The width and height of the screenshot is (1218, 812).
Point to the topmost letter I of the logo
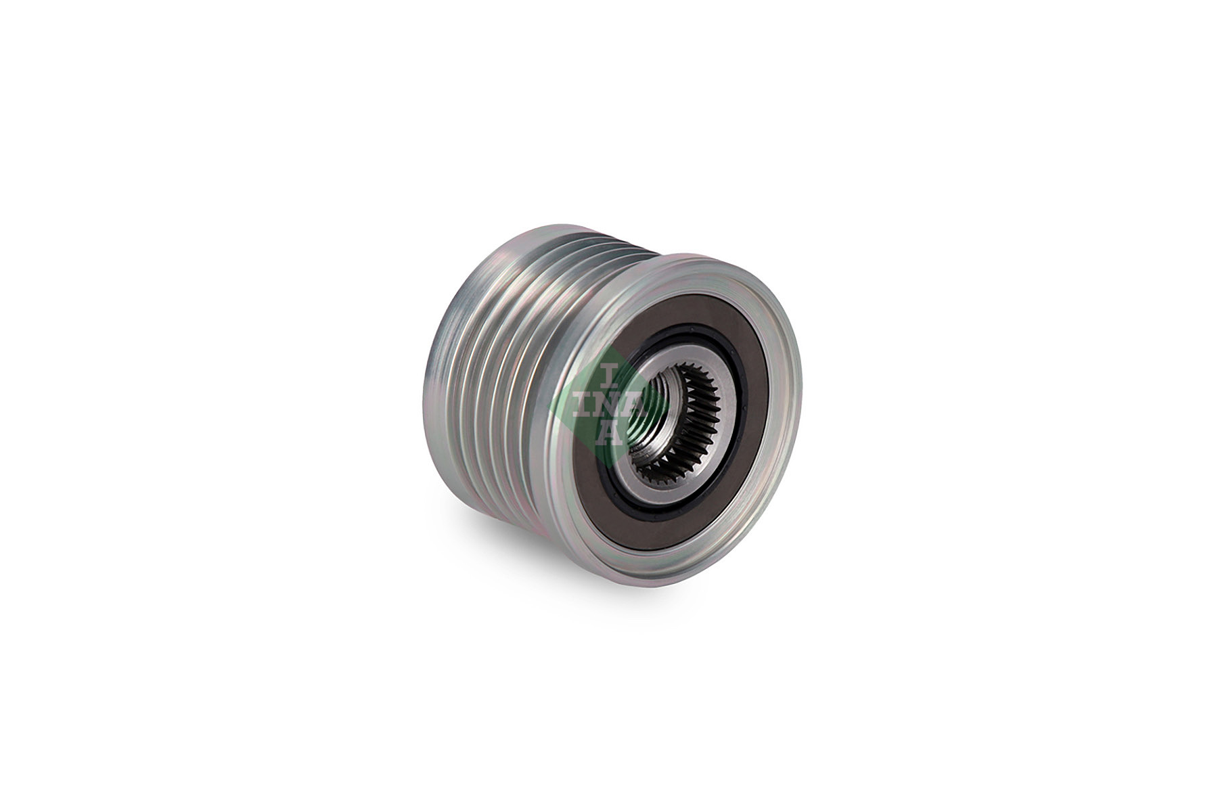pos(608,373)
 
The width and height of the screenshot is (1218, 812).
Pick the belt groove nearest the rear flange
pos(467,365)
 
